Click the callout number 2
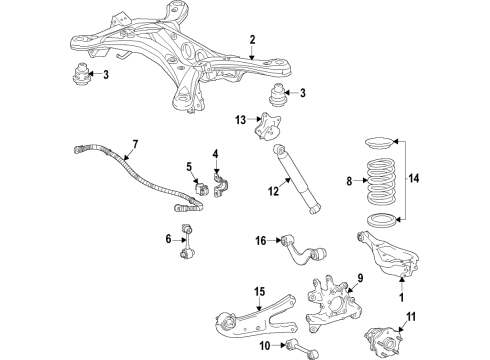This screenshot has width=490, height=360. [x=252, y=40]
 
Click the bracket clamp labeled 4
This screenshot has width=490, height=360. [x=220, y=185]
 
